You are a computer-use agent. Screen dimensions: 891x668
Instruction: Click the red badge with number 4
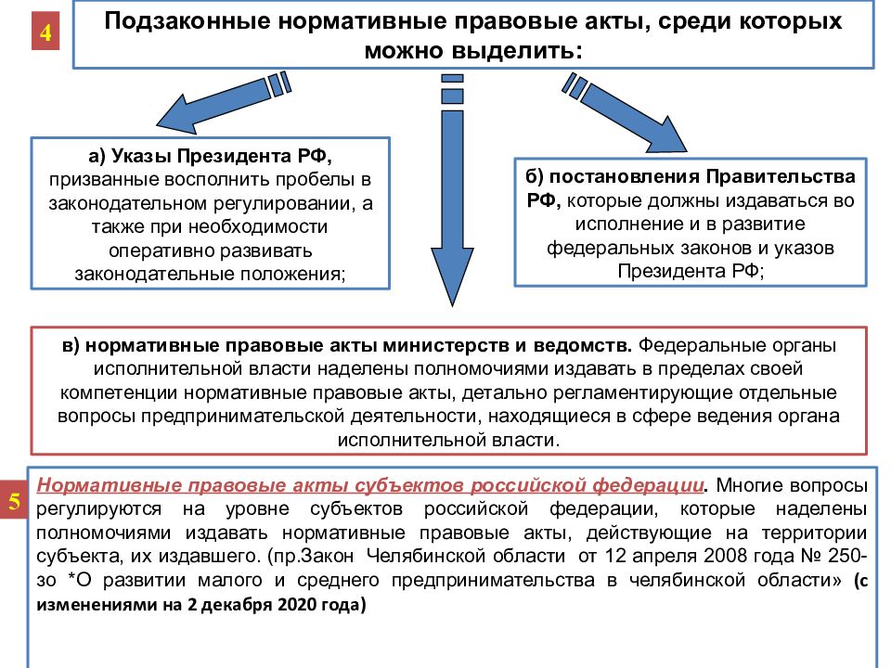tap(45, 32)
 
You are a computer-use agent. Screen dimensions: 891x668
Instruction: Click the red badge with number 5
tap(14, 500)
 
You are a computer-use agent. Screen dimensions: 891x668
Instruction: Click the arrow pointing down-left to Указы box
tap(224, 102)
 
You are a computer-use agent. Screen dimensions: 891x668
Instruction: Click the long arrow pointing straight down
tap(452, 190)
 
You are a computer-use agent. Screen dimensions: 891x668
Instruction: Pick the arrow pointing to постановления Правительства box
tap(625, 112)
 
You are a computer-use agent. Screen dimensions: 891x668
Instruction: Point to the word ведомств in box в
tap(583, 345)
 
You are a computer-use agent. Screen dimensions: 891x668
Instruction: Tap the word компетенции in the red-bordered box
tap(120, 393)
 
